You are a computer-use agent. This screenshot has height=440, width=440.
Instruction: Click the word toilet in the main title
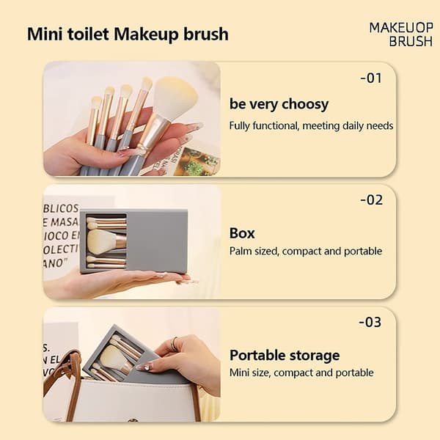point(89,34)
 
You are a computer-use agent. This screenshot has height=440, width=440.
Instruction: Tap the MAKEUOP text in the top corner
point(401,28)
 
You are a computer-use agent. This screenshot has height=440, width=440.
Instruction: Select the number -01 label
point(371,78)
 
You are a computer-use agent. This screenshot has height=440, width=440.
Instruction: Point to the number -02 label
point(371,200)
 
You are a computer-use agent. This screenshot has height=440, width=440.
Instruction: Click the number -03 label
point(370,322)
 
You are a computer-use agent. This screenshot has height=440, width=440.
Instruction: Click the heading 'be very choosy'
point(279,104)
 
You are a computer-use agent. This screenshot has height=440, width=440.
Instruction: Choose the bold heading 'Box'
point(242,233)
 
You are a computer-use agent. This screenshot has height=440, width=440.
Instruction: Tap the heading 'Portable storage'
point(285,356)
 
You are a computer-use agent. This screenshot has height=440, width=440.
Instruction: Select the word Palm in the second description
point(239,251)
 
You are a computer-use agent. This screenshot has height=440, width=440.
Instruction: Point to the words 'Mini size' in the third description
point(250,373)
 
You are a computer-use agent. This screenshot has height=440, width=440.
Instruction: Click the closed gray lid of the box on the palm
point(157,241)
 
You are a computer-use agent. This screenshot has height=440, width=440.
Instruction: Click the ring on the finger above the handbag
point(174,343)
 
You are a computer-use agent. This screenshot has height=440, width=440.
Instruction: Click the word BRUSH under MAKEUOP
point(411,41)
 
